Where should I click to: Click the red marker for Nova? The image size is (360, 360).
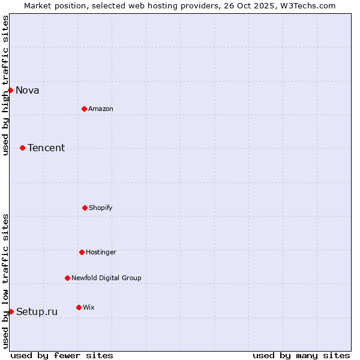[10, 90]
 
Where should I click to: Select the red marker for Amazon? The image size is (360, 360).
[84, 109]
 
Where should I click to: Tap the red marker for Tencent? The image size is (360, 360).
[22, 148]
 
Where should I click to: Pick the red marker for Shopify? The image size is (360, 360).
[85, 208]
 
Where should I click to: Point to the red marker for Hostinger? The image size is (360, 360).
[82, 252]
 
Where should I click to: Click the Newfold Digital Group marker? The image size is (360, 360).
[67, 278]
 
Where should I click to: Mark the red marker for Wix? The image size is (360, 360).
[79, 307]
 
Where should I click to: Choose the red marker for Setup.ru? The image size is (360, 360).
[11, 311]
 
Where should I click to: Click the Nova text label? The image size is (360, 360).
[28, 91]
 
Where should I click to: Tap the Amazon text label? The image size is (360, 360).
[101, 109]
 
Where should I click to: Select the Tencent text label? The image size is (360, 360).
[46, 148]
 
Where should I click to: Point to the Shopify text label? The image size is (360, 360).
[101, 208]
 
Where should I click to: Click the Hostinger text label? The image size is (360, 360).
[101, 253]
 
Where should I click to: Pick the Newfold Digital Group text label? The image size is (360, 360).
[106, 278]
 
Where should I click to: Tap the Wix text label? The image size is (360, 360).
[89, 308]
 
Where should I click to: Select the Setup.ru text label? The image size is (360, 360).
[37, 312]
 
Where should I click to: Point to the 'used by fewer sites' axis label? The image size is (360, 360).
[62, 355]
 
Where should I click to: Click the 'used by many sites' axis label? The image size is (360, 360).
[301, 355]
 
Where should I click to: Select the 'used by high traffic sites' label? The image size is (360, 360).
[5, 85]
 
